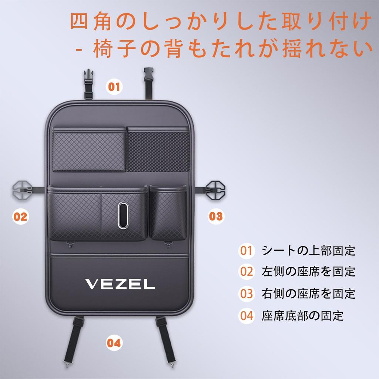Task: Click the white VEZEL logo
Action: (120, 284)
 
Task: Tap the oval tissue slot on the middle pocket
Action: (123, 215)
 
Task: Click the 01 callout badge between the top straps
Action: (114, 87)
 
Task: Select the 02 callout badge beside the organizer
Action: (21, 216)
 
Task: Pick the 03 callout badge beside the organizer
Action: (216, 216)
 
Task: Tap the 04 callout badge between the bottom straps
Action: (114, 343)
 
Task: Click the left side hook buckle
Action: (22, 190)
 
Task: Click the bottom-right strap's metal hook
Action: (172, 364)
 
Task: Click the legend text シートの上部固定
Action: (308, 251)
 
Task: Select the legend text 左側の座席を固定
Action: (308, 271)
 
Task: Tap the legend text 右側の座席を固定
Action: (308, 294)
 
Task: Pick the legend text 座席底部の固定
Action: (303, 316)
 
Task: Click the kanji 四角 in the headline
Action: (91, 21)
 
